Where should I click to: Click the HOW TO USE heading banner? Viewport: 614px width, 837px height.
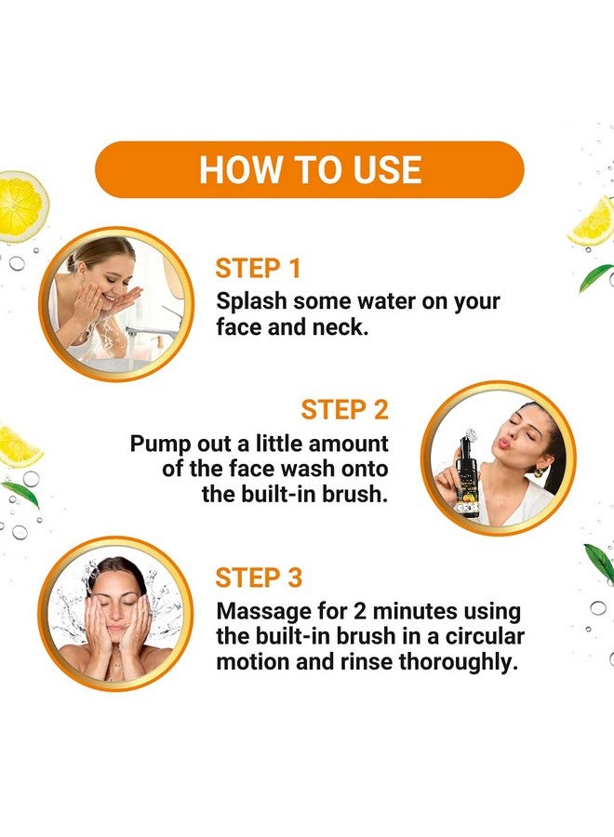310,169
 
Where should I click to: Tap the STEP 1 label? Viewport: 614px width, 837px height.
258,270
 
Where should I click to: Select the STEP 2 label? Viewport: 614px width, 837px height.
344,410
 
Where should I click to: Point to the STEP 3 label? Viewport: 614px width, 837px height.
259,578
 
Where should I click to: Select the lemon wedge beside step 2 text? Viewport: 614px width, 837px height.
19,448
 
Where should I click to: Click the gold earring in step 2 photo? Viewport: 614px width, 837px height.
541,472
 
